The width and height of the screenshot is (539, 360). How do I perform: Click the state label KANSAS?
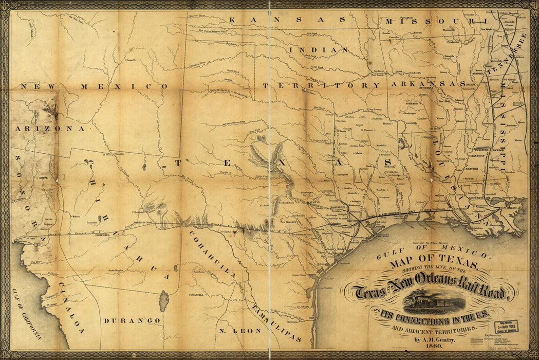tap(287, 20)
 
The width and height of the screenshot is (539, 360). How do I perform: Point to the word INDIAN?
tap(319, 50)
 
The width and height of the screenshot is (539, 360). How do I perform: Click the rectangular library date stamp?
tap(506, 326)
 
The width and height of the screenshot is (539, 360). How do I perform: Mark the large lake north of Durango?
tap(164, 301)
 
